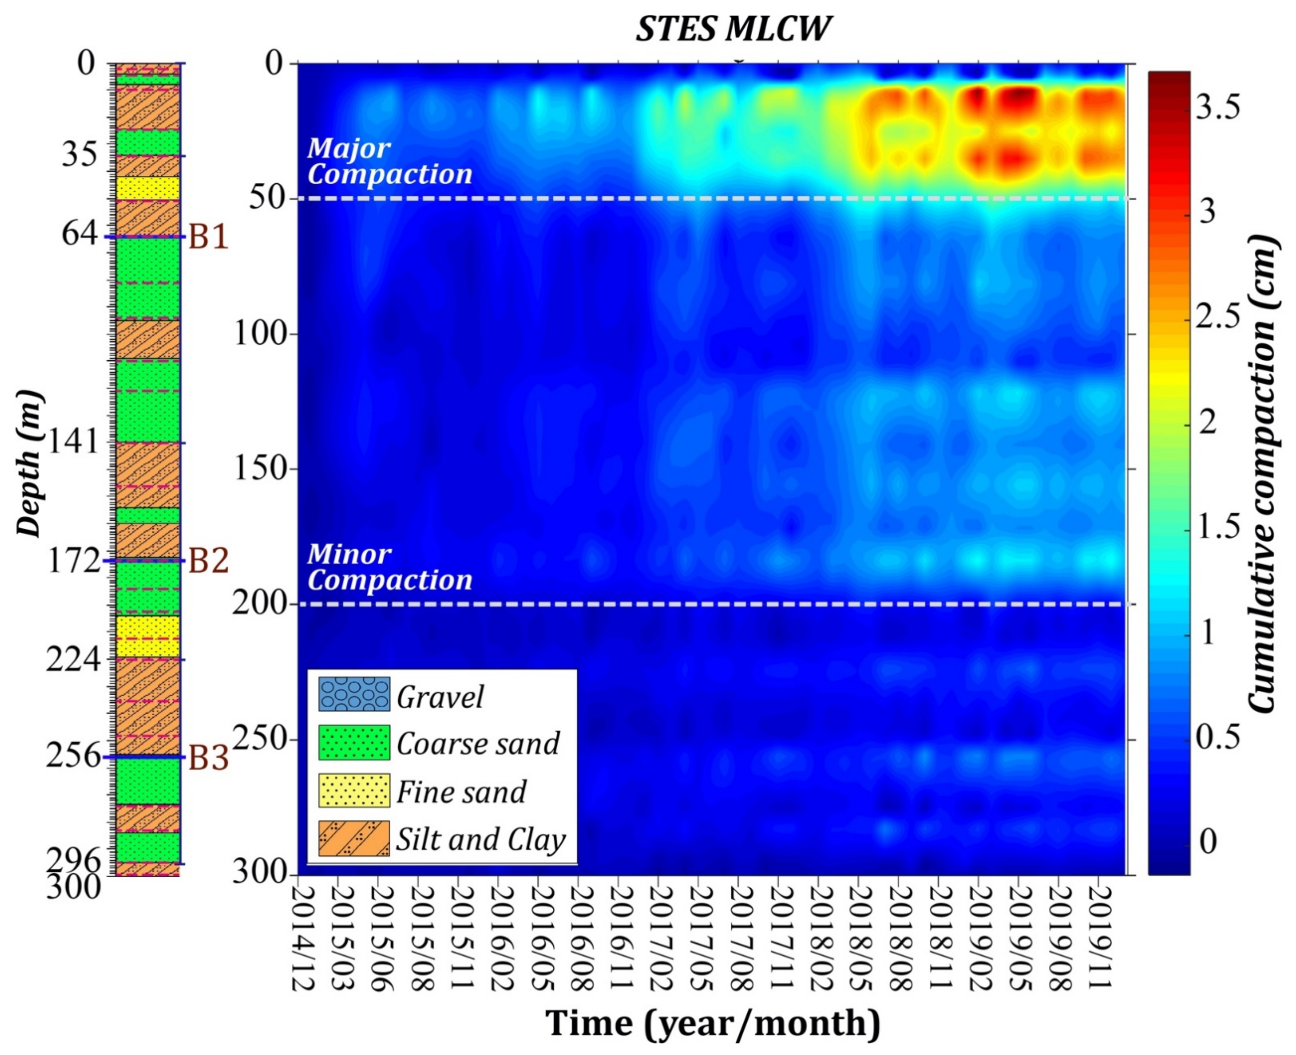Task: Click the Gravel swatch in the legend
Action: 354,694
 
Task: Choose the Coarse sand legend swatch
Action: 354,742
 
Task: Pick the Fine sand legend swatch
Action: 354,790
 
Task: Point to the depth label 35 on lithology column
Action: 79,156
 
